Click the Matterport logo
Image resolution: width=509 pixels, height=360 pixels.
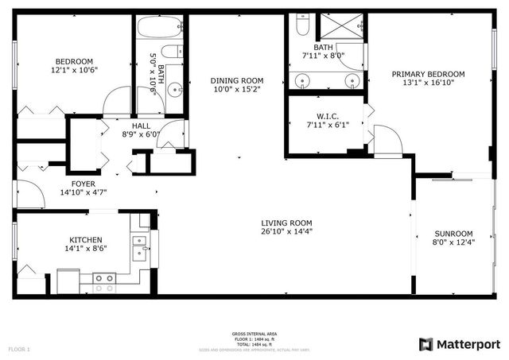pos(460,343)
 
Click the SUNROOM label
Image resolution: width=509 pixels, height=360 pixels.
pos(448,234)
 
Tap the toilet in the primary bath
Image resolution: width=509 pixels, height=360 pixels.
pos(302,26)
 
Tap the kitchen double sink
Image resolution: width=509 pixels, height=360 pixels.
pos(139,247)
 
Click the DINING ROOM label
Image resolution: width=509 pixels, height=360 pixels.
pos(236,80)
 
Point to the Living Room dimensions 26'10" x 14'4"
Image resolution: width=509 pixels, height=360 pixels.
pos(287,232)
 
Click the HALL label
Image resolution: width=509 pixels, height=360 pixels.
pos(141,125)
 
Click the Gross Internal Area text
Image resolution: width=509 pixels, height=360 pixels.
pos(254,334)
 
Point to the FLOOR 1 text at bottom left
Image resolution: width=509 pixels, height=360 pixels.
pos(19,349)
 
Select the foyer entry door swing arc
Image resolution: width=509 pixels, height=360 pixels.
pos(30,194)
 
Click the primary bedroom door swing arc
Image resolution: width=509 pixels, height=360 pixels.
pos(388,141)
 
